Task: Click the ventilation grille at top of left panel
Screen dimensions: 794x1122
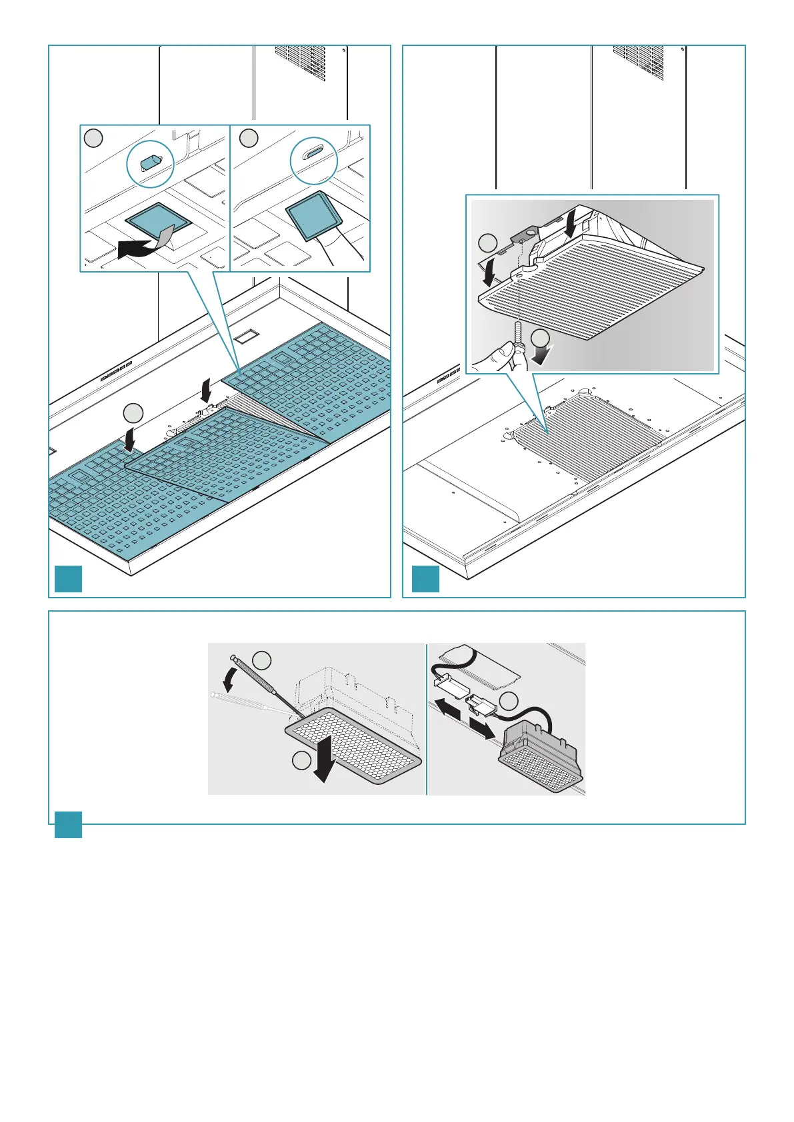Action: tap(300, 63)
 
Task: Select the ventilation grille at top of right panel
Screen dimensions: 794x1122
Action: tap(638, 63)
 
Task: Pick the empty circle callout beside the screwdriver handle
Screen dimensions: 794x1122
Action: tap(263, 660)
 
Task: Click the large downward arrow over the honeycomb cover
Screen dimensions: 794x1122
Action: tap(326, 755)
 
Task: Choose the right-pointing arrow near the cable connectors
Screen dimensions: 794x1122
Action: tap(483, 728)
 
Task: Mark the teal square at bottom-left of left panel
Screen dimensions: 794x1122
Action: tap(68, 579)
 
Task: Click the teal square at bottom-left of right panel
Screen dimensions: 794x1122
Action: tap(426, 579)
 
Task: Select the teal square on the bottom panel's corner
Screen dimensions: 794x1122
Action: tap(68, 824)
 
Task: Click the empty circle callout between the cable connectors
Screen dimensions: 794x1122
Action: tap(509, 701)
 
